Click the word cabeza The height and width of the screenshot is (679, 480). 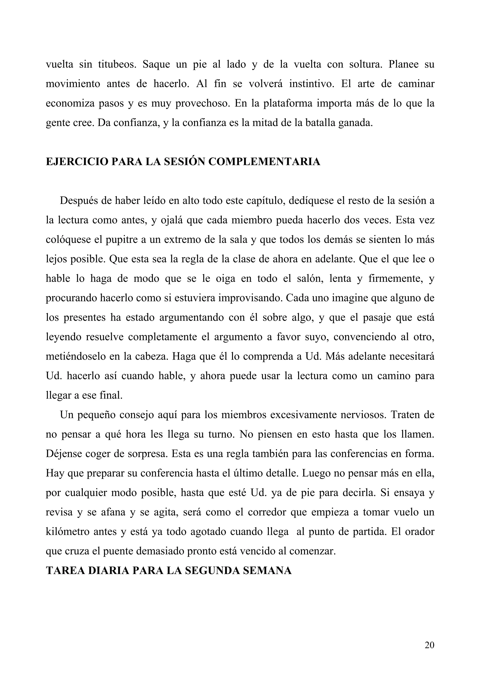tap(151, 357)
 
